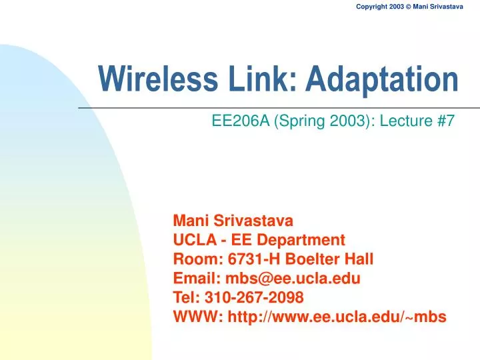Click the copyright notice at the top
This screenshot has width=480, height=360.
click(x=409, y=7)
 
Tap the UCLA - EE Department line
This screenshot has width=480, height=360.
click(x=259, y=239)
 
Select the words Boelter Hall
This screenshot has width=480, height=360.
click(x=327, y=258)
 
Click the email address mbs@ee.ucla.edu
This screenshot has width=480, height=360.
click(x=293, y=277)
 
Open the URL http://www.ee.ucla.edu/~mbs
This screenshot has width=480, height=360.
click(x=337, y=317)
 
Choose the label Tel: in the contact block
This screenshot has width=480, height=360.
click(x=185, y=297)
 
